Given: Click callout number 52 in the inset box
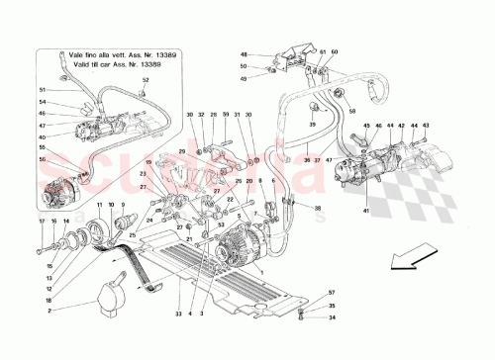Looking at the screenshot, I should [146, 79].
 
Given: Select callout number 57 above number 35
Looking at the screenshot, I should [333, 294].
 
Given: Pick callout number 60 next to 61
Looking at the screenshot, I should [335, 51].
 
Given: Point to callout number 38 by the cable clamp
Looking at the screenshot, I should [319, 210].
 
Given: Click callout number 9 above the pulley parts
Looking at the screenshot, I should [133, 206].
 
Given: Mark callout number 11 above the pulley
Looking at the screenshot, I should [101, 206].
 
